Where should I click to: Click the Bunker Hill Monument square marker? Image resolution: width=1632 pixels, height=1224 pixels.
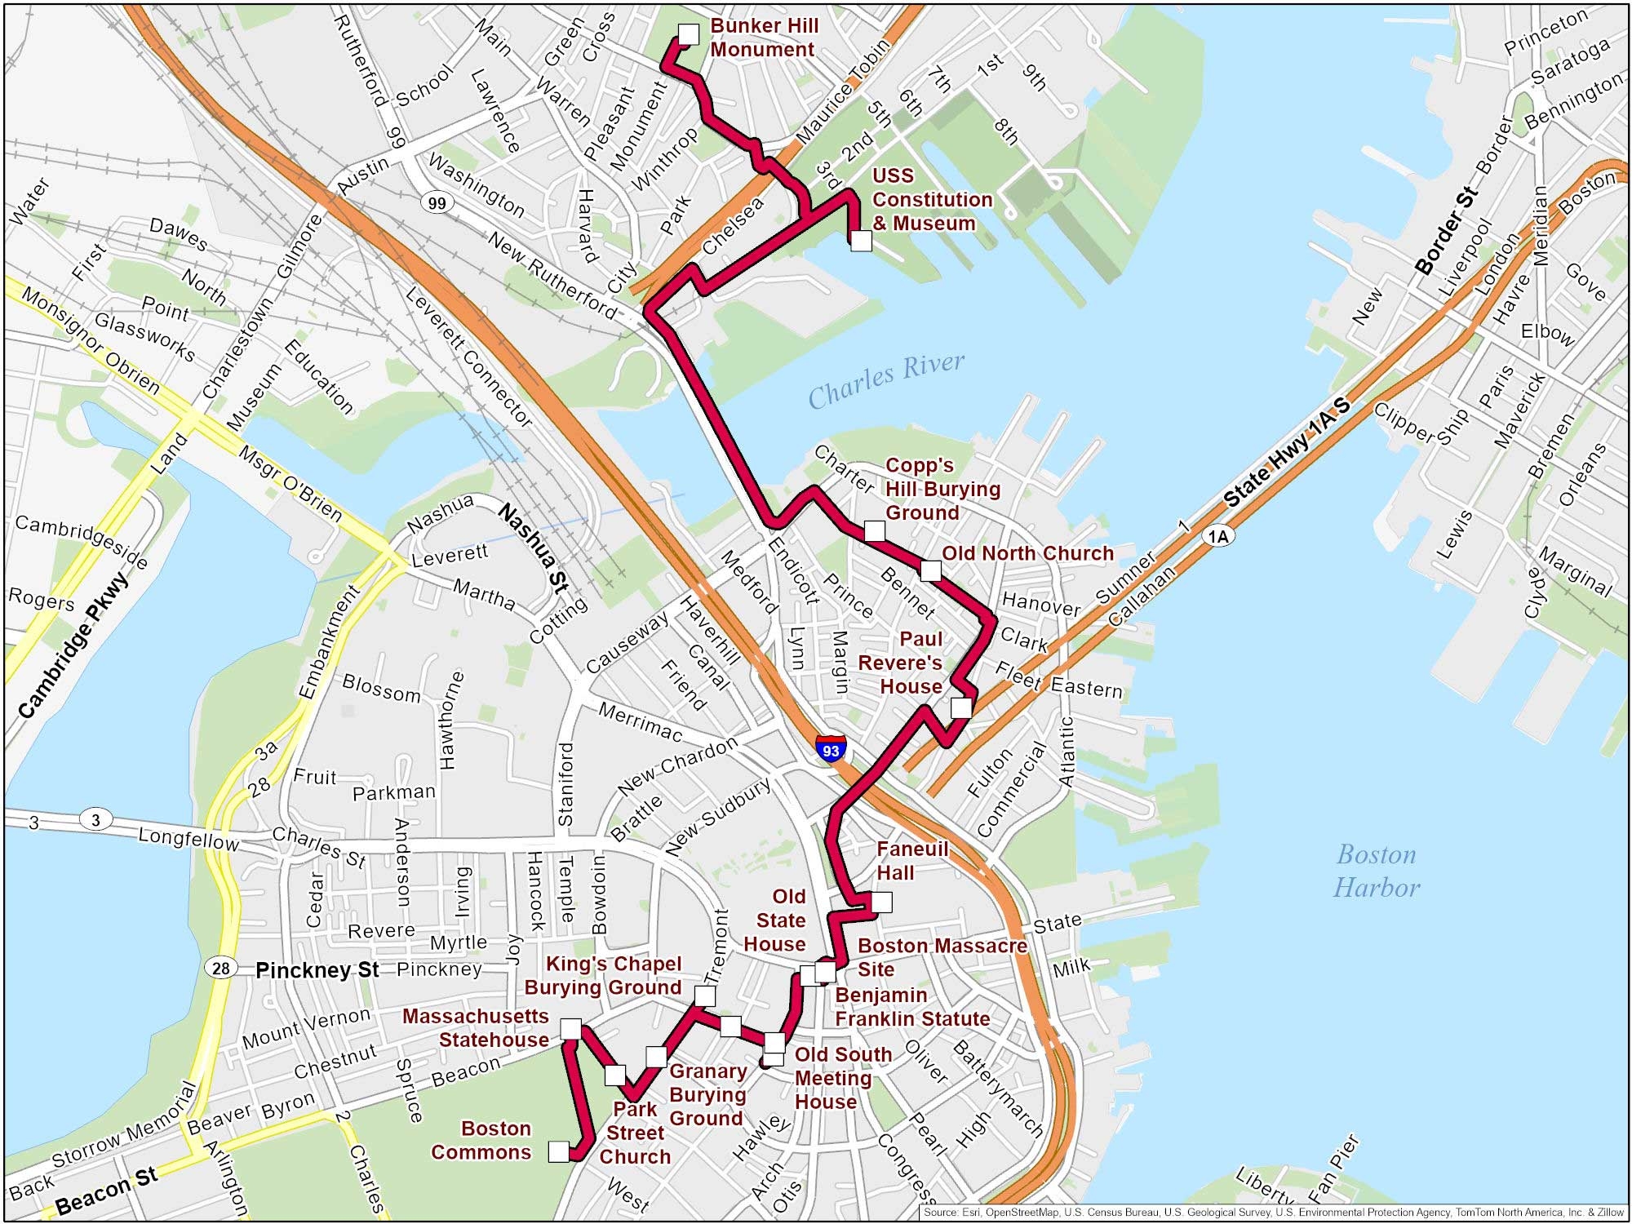pos(689,34)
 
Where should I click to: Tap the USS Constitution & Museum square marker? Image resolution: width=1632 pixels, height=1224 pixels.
pos(861,241)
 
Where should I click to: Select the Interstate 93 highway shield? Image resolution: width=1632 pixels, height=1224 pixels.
pos(831,749)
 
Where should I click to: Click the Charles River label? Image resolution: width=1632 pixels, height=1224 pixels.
pos(886,379)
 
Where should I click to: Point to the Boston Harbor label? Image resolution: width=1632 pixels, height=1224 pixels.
pos(1376,871)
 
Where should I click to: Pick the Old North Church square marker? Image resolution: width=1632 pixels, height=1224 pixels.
pos(930,570)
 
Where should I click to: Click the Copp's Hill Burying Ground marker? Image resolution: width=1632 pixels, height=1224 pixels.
pos(874,531)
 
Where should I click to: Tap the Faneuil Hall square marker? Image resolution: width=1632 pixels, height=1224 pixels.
pos(881,902)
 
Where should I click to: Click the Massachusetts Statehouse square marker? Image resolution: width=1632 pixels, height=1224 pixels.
pos(570,1029)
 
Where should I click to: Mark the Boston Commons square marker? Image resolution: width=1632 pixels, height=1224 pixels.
pos(558,1151)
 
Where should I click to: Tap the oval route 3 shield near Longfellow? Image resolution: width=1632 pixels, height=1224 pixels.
pos(95,819)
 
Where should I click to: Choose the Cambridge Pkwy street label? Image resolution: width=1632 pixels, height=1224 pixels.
pos(73,646)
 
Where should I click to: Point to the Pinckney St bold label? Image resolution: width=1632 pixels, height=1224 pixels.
pos(317,970)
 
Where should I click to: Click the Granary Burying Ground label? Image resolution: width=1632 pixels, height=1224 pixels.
pos(707,1094)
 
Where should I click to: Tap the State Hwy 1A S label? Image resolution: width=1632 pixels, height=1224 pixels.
pos(1288,454)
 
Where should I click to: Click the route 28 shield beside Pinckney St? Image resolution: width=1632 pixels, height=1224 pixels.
pos(220,969)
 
